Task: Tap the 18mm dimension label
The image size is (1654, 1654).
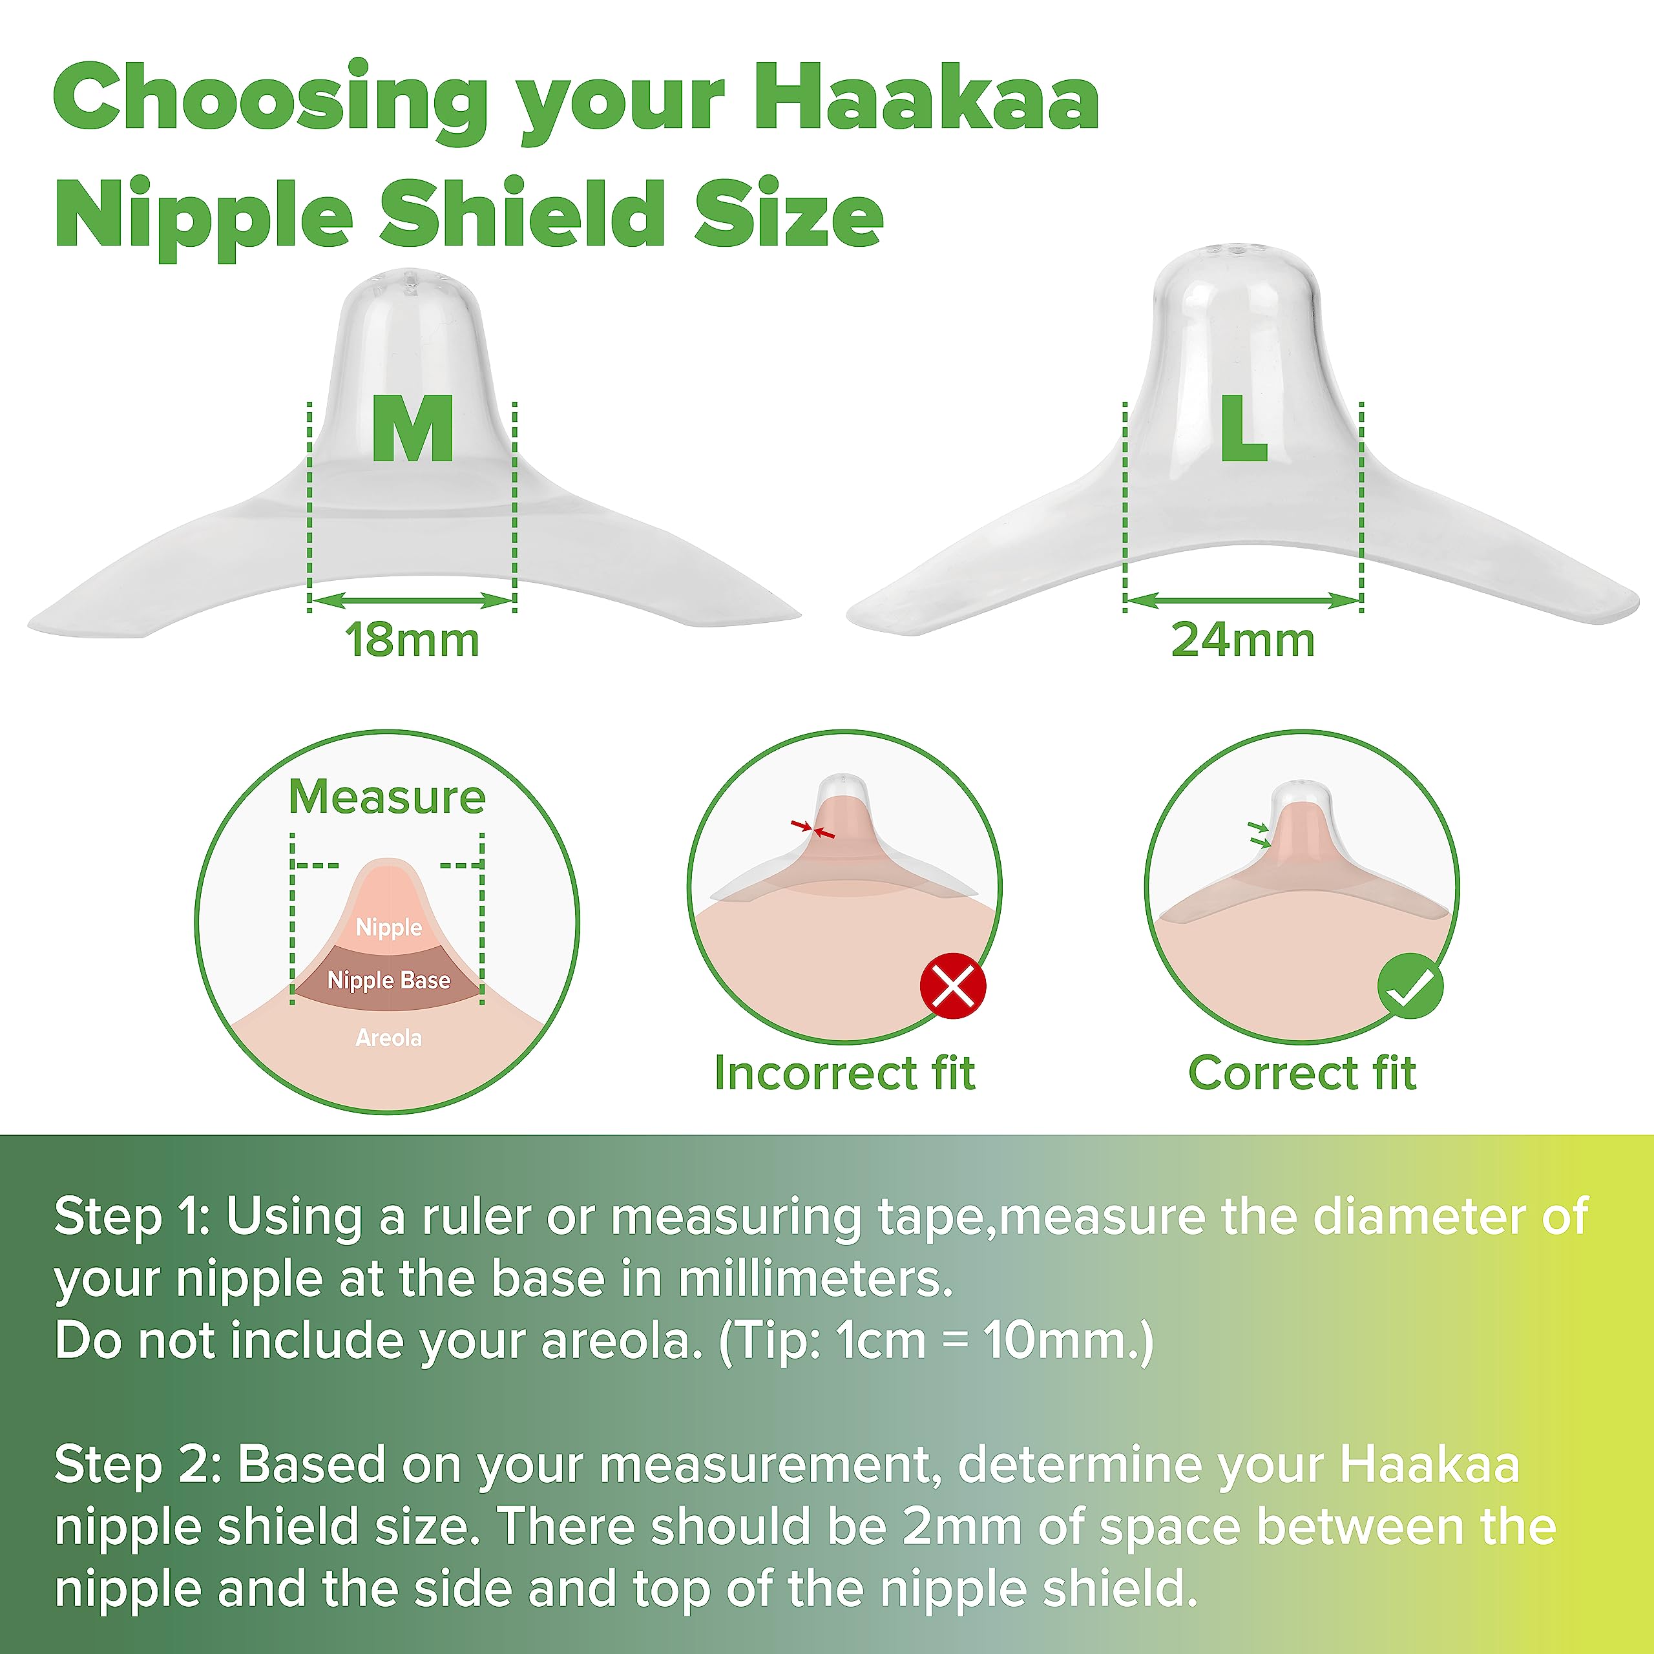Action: [x=412, y=640]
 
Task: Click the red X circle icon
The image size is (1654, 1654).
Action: [x=953, y=986]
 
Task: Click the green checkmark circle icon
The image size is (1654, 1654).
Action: [x=1410, y=986]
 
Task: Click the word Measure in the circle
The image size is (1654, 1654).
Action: [x=387, y=797]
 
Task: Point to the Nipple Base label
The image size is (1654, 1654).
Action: [x=389, y=980]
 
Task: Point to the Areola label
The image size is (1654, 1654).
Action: [x=389, y=1038]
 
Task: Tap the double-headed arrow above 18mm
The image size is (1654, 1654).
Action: [x=412, y=601]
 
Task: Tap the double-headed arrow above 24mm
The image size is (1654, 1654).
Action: [x=1242, y=601]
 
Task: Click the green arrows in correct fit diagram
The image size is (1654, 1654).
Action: [x=1259, y=835]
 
